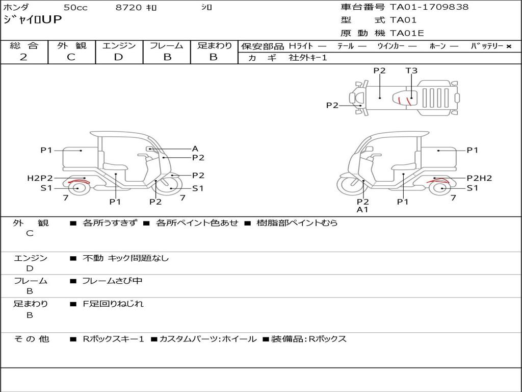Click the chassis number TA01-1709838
pos(429,7)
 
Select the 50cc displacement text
pos(75,8)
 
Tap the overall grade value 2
pos(23,57)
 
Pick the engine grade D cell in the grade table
pos(119,57)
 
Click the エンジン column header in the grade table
pos(119,46)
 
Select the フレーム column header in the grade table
pos(166,46)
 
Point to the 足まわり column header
pos(214,46)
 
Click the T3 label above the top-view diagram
pos(411,71)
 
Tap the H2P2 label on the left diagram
pos(40,178)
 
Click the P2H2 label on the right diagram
pos(479,178)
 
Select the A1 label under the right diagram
pos(362,209)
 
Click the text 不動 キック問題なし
pos(125,258)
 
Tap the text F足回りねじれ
pos(113,304)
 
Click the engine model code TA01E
pos(407,34)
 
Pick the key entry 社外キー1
pos(307,58)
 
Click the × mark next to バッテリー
pos(508,46)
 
